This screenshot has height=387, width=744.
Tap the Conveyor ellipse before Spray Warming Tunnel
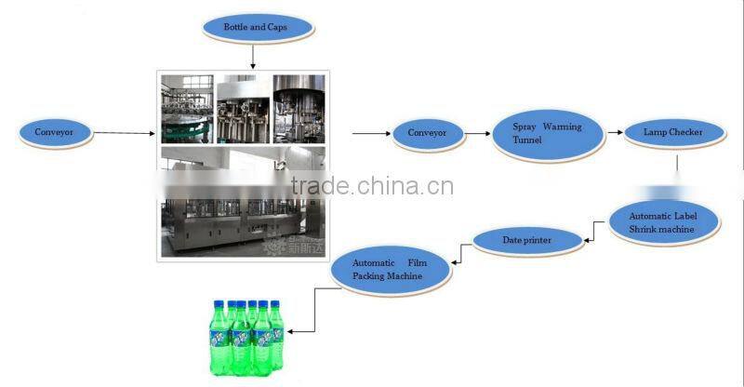tap(427, 133)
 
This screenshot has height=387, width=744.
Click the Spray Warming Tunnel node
tap(549, 133)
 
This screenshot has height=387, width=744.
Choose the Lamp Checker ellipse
tap(672, 132)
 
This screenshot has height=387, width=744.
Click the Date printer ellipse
tap(527, 241)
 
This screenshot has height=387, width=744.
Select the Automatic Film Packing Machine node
tap(389, 270)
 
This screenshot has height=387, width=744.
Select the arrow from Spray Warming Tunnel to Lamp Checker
tap(614, 133)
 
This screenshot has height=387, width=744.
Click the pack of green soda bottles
tap(245, 335)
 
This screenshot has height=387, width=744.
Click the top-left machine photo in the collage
tap(187, 109)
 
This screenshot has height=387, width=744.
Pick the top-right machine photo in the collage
tap(299, 109)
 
